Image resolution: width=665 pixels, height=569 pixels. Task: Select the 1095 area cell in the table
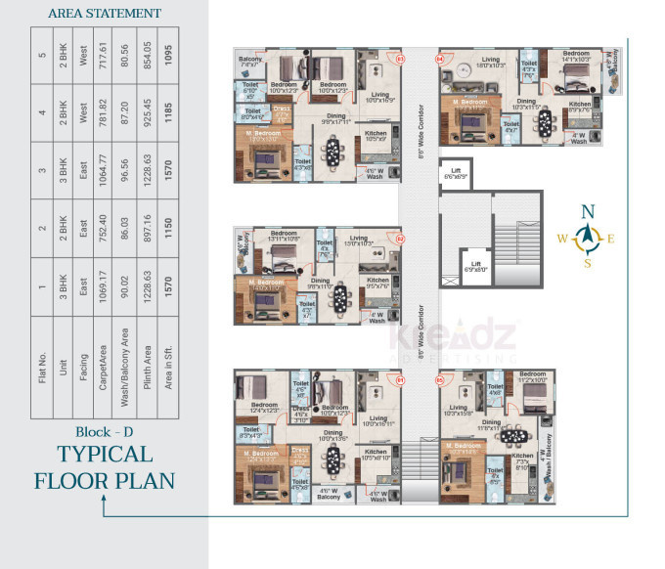pos(169,55)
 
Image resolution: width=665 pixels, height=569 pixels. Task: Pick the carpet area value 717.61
pos(100,55)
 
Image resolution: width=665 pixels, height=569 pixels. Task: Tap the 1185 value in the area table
pos(169,112)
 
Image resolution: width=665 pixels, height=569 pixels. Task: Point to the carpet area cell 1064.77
pos(100,171)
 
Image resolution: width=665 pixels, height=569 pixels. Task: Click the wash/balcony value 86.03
pos(123,229)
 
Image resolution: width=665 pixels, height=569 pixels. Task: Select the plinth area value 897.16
pos(147,229)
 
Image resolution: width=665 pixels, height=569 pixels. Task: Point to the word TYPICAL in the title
pos(105,455)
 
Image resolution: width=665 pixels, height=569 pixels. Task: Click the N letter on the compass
pos(587,211)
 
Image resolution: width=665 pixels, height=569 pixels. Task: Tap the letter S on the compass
pos(587,262)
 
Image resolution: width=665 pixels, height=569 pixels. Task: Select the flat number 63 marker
pos(400,59)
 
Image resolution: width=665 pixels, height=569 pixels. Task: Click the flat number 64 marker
pos(439,60)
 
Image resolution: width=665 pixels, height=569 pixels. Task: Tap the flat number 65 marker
pos(439,380)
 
